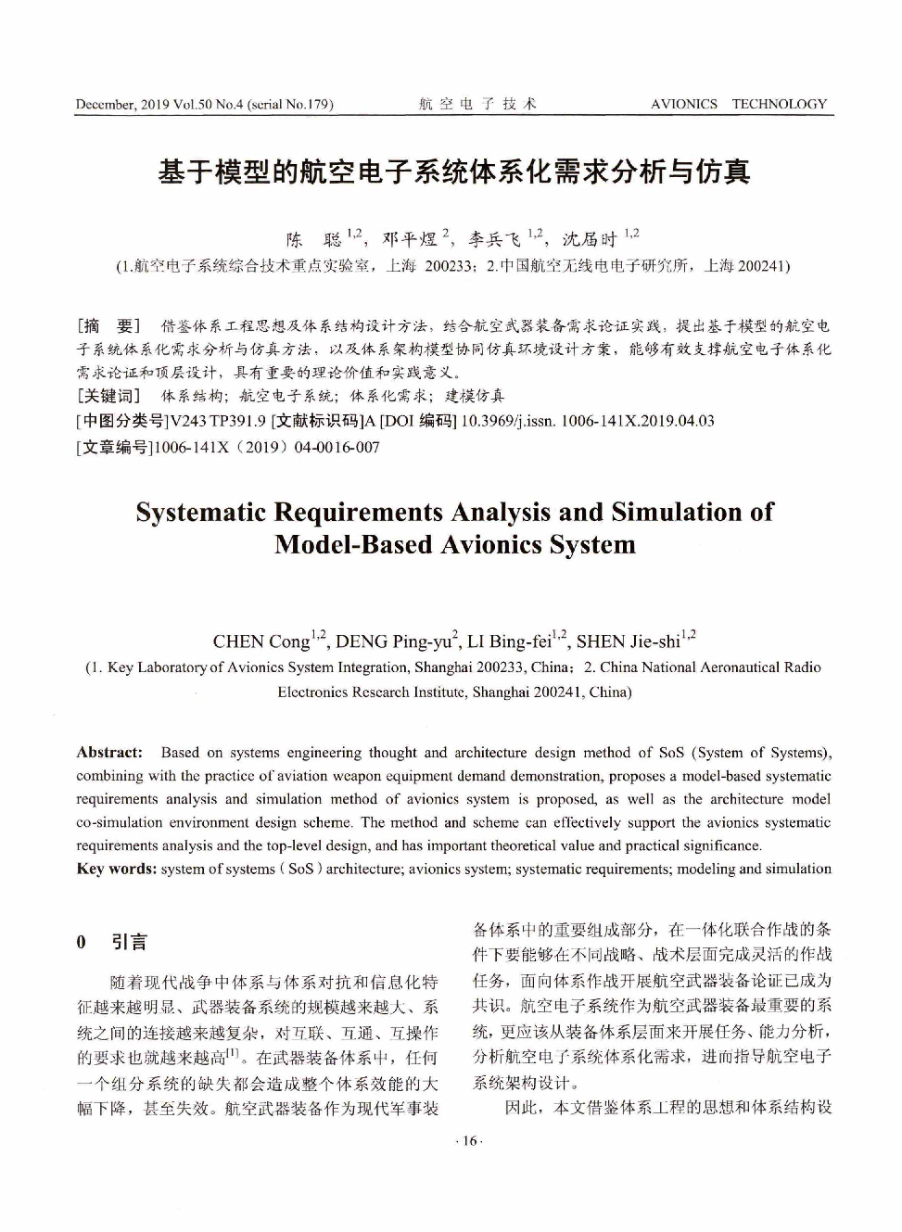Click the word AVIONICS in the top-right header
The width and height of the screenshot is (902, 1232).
(x=683, y=104)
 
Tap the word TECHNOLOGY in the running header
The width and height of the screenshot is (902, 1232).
(x=779, y=104)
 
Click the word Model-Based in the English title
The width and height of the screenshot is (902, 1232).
(x=354, y=544)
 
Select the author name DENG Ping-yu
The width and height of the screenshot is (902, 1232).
(x=393, y=641)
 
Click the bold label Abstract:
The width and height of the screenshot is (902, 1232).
(x=109, y=753)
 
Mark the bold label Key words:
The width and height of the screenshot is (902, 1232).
(x=117, y=869)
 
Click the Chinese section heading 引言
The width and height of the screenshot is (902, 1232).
(x=129, y=943)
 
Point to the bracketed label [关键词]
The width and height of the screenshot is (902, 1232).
(x=108, y=396)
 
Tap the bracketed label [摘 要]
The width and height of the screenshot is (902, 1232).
(x=108, y=325)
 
